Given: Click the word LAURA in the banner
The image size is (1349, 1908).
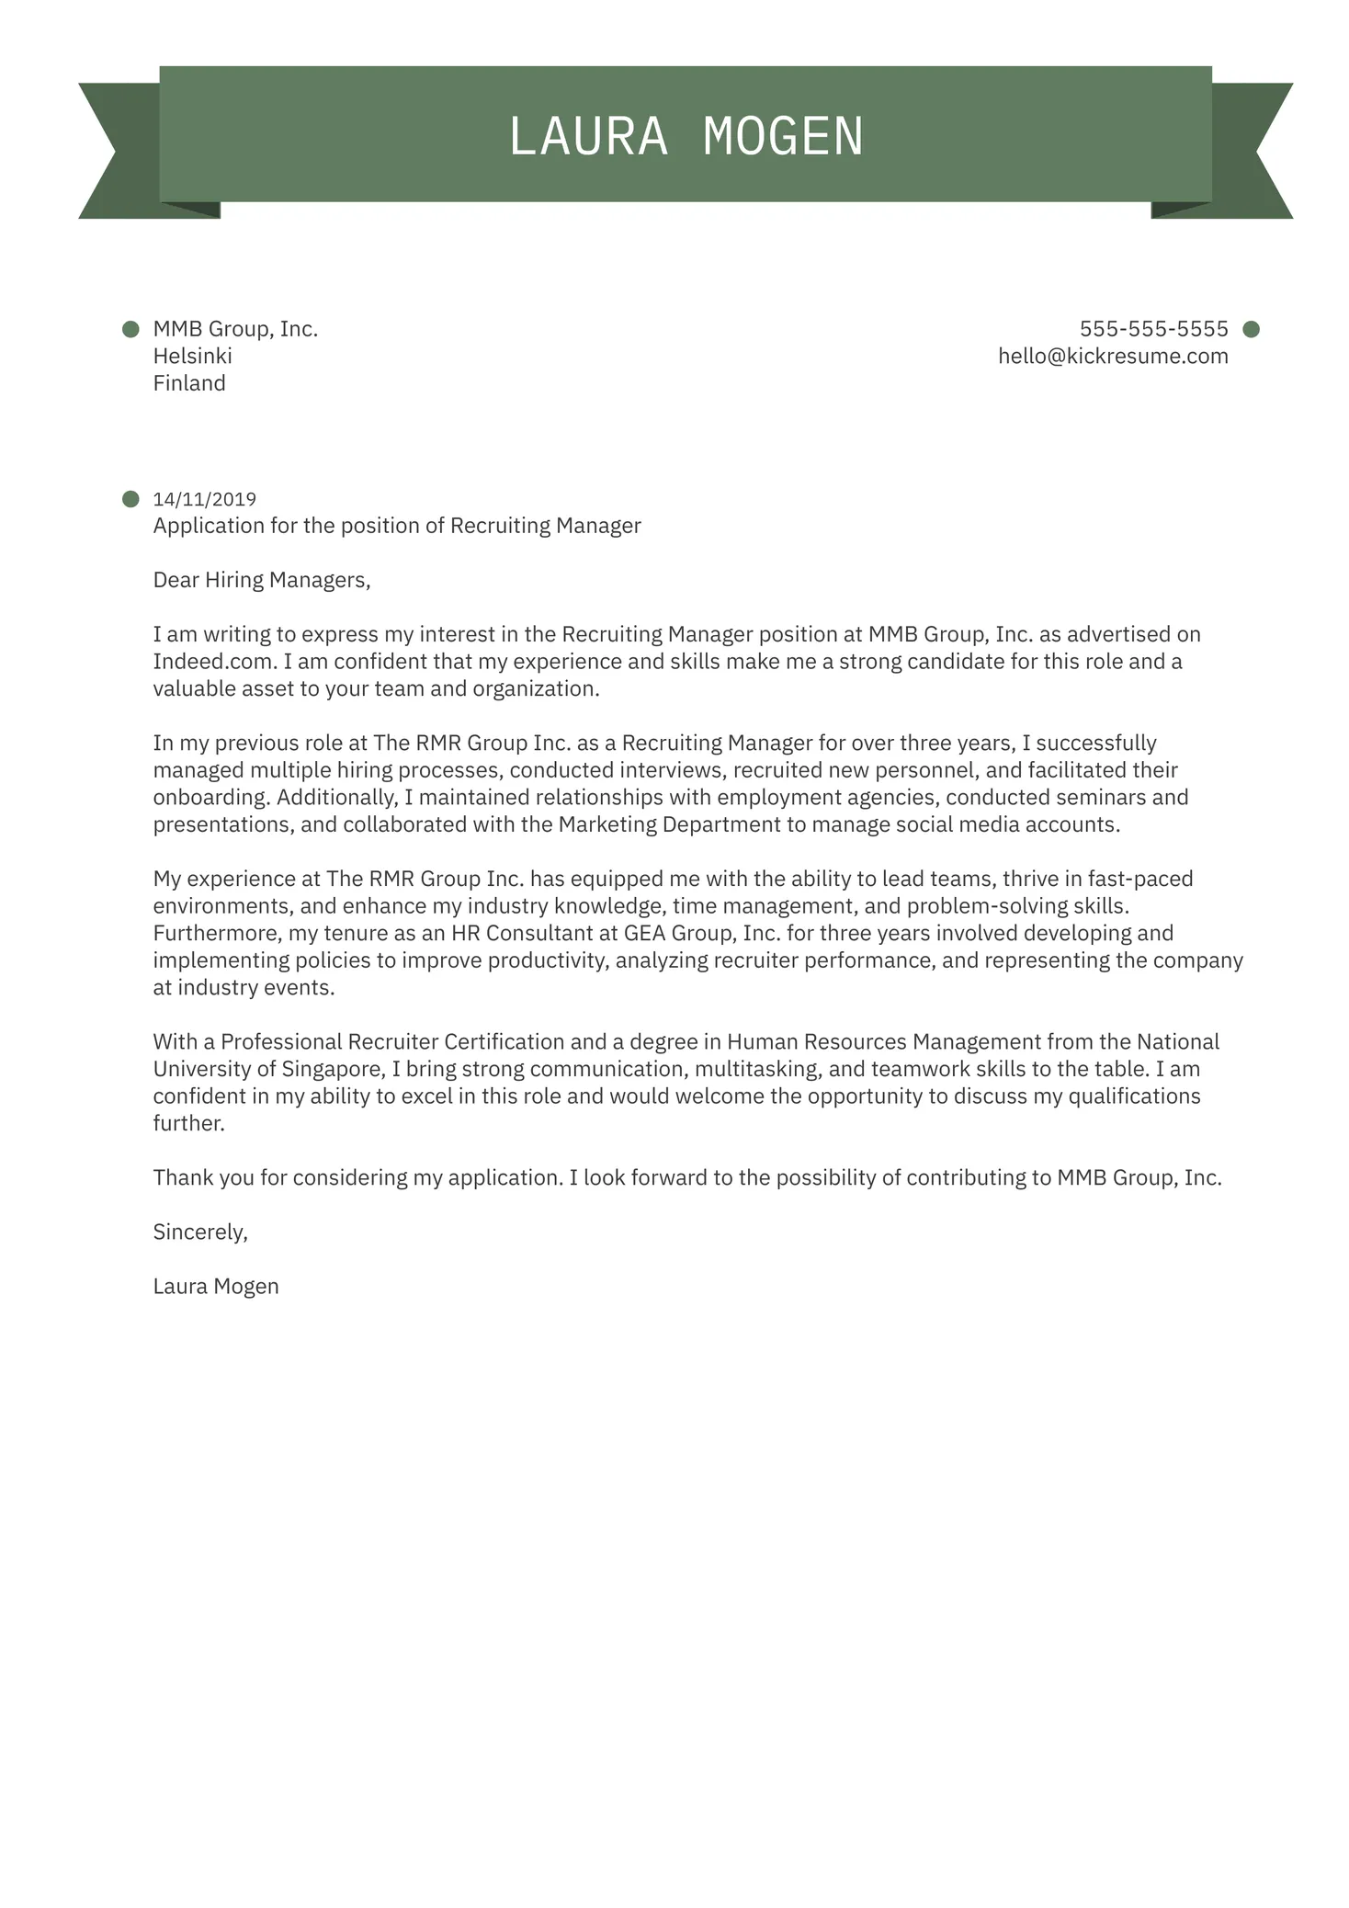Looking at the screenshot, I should (x=588, y=137).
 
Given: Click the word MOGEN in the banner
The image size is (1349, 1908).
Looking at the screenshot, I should (x=783, y=137).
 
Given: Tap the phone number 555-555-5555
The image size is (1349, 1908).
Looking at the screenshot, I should (x=1153, y=329).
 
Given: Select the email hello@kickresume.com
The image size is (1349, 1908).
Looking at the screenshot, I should (x=1113, y=357).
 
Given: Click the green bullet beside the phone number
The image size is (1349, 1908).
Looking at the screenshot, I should (x=1251, y=329).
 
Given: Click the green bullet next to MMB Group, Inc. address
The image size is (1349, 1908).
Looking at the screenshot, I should (x=130, y=329).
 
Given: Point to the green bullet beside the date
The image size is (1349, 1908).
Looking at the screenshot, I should (x=130, y=499).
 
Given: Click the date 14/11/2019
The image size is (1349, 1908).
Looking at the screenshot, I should (x=204, y=499).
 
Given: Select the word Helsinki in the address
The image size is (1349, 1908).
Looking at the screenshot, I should (x=192, y=357).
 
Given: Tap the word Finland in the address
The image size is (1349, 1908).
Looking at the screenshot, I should (x=189, y=383).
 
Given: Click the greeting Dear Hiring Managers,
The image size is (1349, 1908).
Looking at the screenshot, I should (x=262, y=580).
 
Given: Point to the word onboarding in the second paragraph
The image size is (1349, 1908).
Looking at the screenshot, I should (x=210, y=798).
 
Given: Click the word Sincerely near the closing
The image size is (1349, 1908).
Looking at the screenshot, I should (x=199, y=1232).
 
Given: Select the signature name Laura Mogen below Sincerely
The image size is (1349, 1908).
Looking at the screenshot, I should (x=216, y=1287).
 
